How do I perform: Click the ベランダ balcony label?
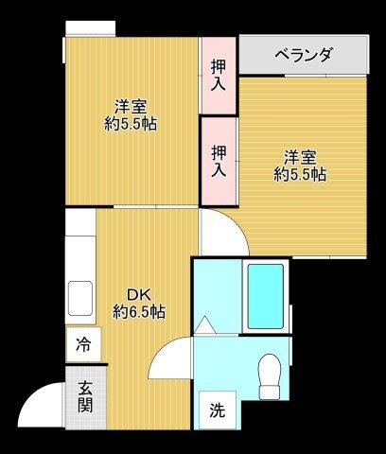[304, 55]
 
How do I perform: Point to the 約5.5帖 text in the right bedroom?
[300, 174]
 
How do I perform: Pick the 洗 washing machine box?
[218, 410]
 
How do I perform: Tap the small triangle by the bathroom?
[204, 325]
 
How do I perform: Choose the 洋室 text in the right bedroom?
[300, 156]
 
